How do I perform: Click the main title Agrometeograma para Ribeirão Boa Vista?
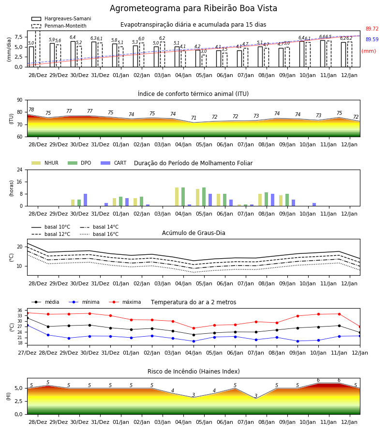(x=193, y=8)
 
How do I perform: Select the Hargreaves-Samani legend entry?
(x=61, y=18)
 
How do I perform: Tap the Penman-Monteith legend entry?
(x=59, y=26)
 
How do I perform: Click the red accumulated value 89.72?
(x=372, y=29)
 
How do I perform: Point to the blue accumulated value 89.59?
(x=372, y=40)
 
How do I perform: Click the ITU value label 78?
(x=31, y=109)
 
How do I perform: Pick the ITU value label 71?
(x=194, y=118)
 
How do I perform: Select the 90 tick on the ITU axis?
(x=20, y=100)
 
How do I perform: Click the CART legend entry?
(x=114, y=163)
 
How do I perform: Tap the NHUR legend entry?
(x=45, y=163)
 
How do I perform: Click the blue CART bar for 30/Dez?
(x=85, y=200)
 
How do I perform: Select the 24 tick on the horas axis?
(x=20, y=170)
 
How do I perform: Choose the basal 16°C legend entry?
(x=99, y=234)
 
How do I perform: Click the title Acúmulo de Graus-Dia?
(x=193, y=233)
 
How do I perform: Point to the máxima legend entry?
(x=125, y=302)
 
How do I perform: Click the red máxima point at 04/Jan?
(x=194, y=328)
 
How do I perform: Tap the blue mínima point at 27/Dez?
(x=27, y=325)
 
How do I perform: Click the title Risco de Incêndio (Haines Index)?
(x=193, y=372)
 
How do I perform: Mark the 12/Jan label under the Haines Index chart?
(x=349, y=422)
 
